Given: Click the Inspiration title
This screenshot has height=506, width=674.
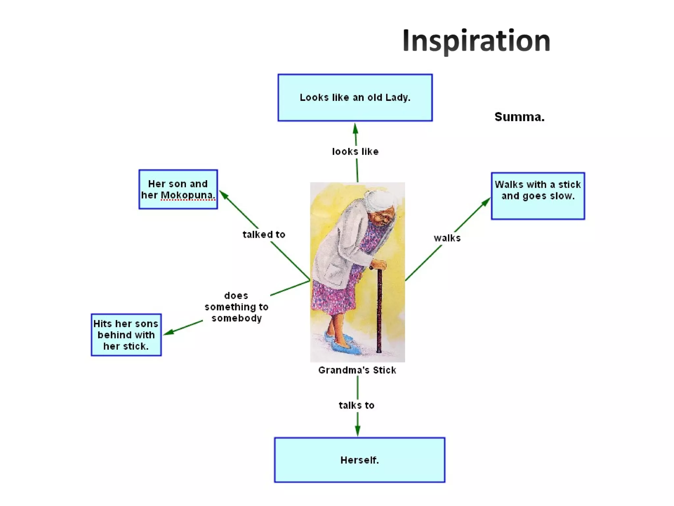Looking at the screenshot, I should (x=476, y=41).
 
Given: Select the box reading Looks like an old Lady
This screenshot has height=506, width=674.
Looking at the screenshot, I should (x=355, y=98).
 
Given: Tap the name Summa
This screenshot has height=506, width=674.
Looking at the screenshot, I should (x=519, y=117).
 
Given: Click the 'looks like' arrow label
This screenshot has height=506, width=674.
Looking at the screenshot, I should (x=355, y=152).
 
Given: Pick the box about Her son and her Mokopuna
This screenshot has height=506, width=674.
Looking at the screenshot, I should (x=178, y=189).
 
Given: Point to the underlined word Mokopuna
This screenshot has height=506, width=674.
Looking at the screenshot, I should (x=187, y=195).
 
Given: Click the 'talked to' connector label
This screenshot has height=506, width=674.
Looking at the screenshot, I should (x=264, y=235).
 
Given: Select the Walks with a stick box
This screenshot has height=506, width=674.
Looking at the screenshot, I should (x=538, y=196).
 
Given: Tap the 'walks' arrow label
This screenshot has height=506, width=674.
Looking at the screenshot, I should (x=447, y=238).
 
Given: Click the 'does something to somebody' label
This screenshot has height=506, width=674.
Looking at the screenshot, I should (x=236, y=307).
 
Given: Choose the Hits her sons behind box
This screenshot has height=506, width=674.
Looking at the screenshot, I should (x=126, y=335).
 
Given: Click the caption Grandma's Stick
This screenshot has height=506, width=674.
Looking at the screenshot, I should (x=357, y=370).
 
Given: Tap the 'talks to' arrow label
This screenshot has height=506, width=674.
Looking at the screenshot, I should (x=356, y=405).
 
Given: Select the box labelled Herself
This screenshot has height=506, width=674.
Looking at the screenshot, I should (x=359, y=460).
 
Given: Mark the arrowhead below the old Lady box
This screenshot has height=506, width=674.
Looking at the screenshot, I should (x=355, y=129).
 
